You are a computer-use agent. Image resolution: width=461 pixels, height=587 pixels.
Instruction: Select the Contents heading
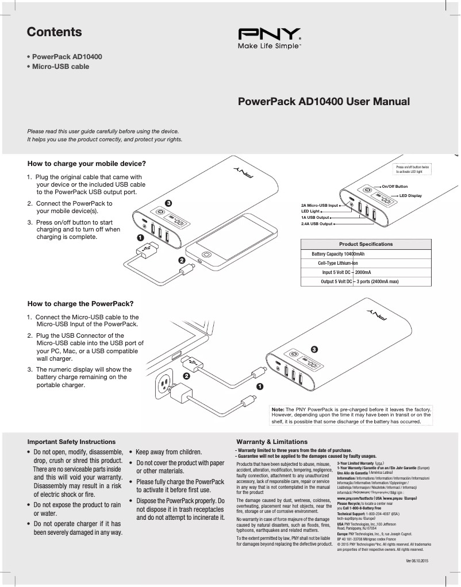point(55,32)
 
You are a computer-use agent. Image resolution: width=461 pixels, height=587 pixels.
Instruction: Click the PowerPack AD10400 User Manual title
point(324,102)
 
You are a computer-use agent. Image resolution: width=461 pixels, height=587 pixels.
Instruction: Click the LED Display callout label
point(410,196)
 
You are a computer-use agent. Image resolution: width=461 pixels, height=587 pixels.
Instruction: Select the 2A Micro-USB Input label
point(320,205)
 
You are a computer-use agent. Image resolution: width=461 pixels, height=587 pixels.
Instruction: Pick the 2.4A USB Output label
point(317,223)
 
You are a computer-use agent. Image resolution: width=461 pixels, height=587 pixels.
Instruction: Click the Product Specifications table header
point(366,244)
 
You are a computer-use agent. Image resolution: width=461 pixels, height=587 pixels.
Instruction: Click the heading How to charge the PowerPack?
point(80,303)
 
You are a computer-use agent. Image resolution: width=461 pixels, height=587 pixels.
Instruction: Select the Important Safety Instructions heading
point(72,442)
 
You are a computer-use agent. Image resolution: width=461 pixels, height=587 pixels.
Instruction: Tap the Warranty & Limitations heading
point(271,442)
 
